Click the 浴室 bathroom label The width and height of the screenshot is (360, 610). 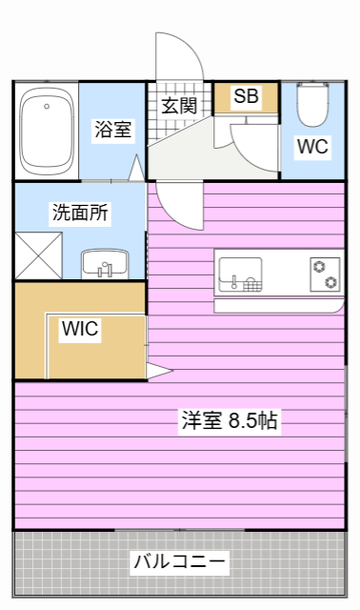click(112, 132)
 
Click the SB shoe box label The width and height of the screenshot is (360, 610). click(246, 96)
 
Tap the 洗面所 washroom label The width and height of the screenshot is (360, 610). click(79, 212)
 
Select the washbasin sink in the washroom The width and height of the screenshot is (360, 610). click(102, 263)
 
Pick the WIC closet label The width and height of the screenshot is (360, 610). click(81, 329)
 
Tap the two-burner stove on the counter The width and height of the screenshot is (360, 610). click(325, 274)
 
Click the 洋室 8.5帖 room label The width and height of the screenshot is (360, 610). click(229, 420)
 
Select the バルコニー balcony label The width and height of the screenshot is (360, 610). click(179, 560)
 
